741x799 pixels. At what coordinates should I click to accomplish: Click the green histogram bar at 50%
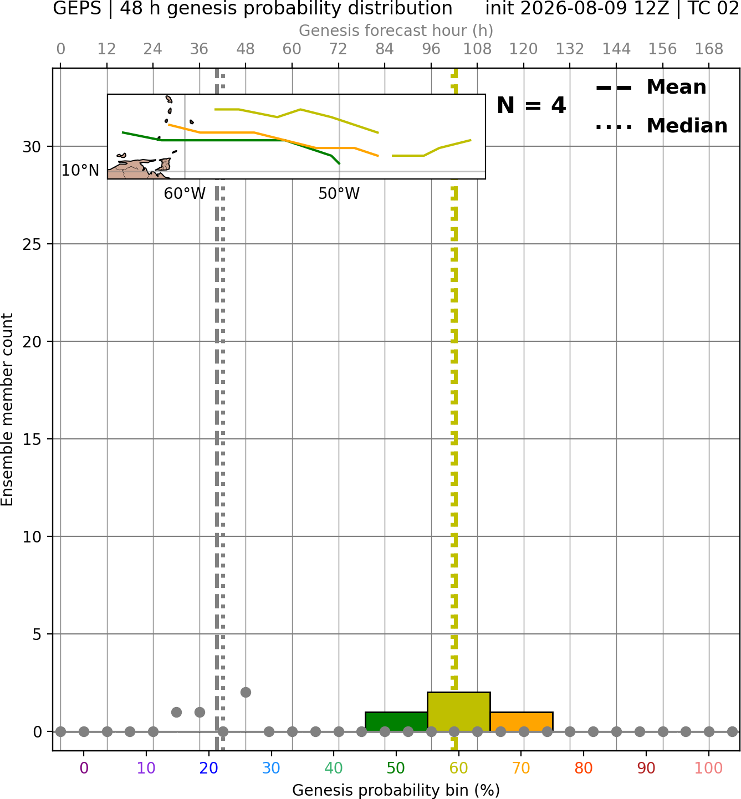click(396, 721)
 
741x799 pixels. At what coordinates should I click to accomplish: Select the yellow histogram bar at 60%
click(458, 711)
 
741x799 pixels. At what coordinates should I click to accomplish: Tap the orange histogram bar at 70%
click(521, 721)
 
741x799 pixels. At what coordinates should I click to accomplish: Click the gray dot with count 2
click(246, 692)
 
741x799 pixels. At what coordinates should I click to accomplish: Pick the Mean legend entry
click(651, 88)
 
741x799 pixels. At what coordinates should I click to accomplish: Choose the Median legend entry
click(661, 126)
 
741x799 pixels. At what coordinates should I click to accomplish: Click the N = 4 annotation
click(532, 105)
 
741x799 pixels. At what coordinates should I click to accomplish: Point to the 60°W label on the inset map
click(185, 194)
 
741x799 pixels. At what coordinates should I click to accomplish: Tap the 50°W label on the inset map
click(339, 194)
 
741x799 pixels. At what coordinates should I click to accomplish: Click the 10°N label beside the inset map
click(80, 171)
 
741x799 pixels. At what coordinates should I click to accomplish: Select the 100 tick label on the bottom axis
click(709, 768)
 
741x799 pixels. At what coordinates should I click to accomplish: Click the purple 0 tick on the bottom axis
click(84, 768)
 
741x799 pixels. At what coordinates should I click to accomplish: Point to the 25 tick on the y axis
click(32, 244)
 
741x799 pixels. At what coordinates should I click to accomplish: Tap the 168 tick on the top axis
click(709, 49)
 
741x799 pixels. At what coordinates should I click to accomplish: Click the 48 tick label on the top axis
click(246, 49)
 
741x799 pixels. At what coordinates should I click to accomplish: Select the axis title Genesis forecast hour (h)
click(396, 30)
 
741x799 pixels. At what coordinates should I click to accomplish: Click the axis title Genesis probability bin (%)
click(396, 790)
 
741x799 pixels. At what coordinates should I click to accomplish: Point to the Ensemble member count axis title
click(7, 409)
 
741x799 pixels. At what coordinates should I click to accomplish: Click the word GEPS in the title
click(77, 8)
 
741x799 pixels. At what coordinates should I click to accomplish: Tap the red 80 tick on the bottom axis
click(584, 768)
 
